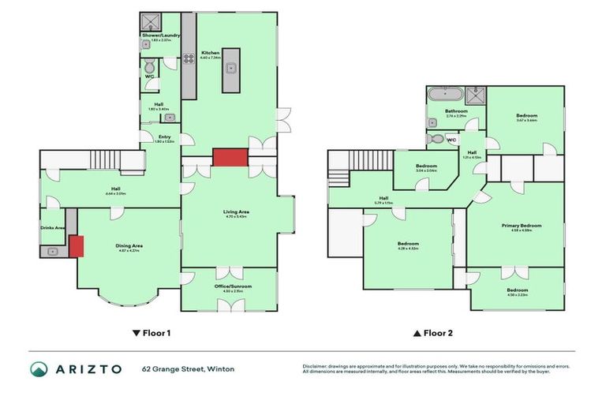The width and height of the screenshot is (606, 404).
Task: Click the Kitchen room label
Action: (x=209, y=53)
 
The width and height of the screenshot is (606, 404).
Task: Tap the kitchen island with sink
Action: (x=231, y=68)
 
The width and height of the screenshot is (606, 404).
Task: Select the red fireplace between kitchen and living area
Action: (x=225, y=156)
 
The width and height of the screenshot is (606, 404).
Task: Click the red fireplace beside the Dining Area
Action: (x=77, y=246)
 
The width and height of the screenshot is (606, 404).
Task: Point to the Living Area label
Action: (x=237, y=211)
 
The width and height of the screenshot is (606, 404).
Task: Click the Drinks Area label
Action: (x=53, y=228)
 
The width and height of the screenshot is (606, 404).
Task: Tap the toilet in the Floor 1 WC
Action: (x=149, y=67)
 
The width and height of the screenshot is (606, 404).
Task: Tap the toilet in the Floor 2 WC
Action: (x=435, y=139)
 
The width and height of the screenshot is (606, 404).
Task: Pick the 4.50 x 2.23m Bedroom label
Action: (x=517, y=290)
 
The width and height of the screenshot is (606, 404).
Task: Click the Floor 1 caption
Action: (x=151, y=333)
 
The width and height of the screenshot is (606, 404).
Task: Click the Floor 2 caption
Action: (x=434, y=333)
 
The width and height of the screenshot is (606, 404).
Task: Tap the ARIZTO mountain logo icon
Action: (x=39, y=368)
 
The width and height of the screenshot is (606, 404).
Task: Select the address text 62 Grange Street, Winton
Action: (x=188, y=368)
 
